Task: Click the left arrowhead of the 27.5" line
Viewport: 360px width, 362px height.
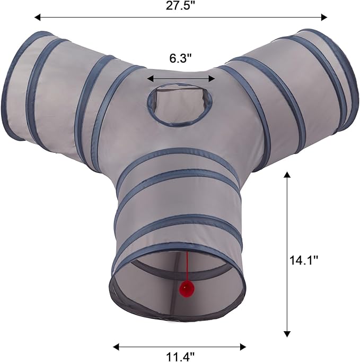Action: click(x=38, y=18)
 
